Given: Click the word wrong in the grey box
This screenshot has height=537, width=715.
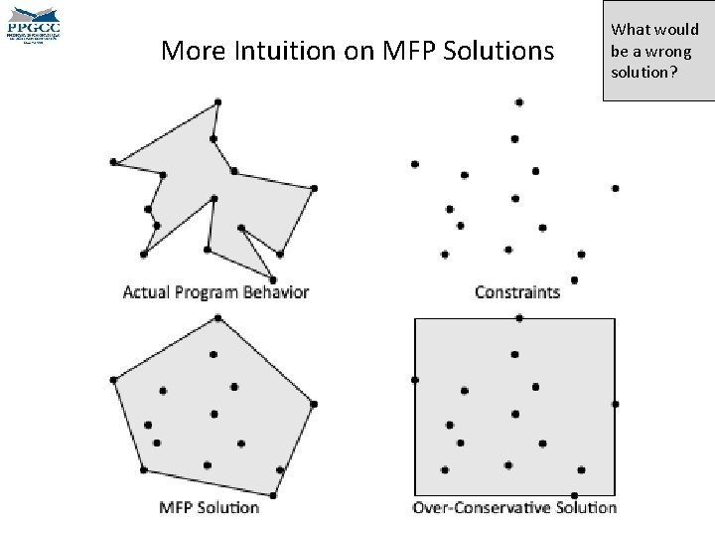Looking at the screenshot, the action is (x=671, y=52).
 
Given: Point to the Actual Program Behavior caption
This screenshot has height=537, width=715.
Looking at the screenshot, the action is (x=215, y=292).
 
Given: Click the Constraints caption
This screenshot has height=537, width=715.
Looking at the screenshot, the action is (x=517, y=292).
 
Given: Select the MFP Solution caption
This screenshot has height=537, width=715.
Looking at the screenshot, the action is (x=210, y=507).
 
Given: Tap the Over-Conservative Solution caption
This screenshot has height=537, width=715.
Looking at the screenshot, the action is (x=514, y=507).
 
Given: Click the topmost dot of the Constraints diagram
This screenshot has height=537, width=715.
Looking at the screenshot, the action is (x=519, y=101).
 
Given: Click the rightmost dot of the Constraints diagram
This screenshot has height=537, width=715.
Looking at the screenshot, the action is (x=616, y=188).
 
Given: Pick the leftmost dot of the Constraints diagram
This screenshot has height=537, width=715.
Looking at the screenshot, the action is (x=414, y=164).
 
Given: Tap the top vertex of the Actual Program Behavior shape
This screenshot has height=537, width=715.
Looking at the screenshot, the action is (x=218, y=101).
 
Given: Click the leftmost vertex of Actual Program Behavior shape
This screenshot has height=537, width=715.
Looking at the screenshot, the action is (x=114, y=161).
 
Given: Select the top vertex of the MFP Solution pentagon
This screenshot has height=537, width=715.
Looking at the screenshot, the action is (x=218, y=318).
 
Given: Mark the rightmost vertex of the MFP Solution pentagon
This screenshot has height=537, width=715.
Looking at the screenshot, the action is (x=314, y=404).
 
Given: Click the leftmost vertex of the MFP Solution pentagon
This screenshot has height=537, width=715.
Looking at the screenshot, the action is (x=114, y=380).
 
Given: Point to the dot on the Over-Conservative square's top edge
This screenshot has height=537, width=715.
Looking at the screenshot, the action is (x=519, y=318).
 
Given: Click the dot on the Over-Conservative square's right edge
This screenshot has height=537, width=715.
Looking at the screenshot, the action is (x=616, y=404).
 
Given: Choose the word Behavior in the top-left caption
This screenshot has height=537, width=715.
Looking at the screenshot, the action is (x=272, y=292).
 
